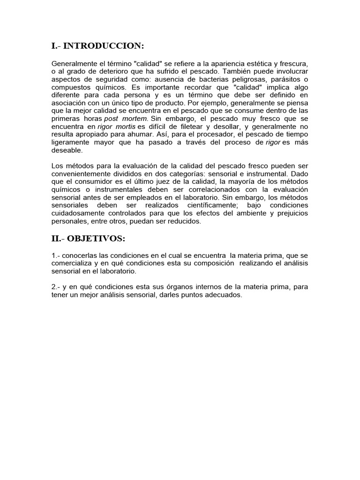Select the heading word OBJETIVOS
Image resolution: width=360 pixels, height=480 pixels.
pyautogui.click(x=96, y=239)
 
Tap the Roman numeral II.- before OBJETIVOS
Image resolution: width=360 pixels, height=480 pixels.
pyautogui.click(x=58, y=239)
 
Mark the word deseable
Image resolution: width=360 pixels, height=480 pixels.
pyautogui.click(x=67, y=151)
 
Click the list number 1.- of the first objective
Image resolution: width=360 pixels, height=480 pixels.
pyautogui.click(x=55, y=255)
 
